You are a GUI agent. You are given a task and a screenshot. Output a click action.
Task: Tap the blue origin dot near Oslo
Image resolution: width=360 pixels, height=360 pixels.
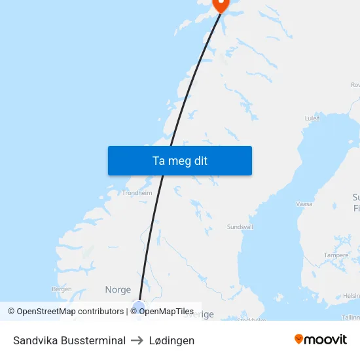coord(138,306)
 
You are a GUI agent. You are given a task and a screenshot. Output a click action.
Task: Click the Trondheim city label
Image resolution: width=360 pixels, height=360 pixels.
coord(137,193)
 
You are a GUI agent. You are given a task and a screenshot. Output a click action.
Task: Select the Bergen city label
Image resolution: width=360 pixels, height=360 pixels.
coord(62,289)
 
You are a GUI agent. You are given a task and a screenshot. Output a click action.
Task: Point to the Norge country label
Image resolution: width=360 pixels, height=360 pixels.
coord(118,289)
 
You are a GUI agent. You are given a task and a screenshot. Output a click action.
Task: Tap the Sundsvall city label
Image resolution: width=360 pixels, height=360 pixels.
coord(240,226)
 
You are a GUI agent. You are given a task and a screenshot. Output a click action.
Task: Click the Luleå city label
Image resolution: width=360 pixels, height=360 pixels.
coord(312,118)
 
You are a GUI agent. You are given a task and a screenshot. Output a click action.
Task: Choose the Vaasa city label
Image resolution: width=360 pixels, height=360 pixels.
coord(304,204)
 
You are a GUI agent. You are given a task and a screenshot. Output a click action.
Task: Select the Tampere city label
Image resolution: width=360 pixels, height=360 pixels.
coord(336,255)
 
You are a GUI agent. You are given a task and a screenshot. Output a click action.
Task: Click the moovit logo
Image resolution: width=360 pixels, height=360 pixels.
coord(321,340)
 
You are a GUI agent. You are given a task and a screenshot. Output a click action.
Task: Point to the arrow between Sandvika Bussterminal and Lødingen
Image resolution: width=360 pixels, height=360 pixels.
coord(137,340)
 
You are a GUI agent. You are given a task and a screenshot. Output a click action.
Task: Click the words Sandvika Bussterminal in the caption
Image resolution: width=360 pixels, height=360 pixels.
coord(69,340)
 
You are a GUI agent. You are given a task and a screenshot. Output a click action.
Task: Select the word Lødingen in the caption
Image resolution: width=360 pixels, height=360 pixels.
coord(171,340)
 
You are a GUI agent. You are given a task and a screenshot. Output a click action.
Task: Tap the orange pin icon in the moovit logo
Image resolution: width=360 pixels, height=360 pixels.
coord(299,339)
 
